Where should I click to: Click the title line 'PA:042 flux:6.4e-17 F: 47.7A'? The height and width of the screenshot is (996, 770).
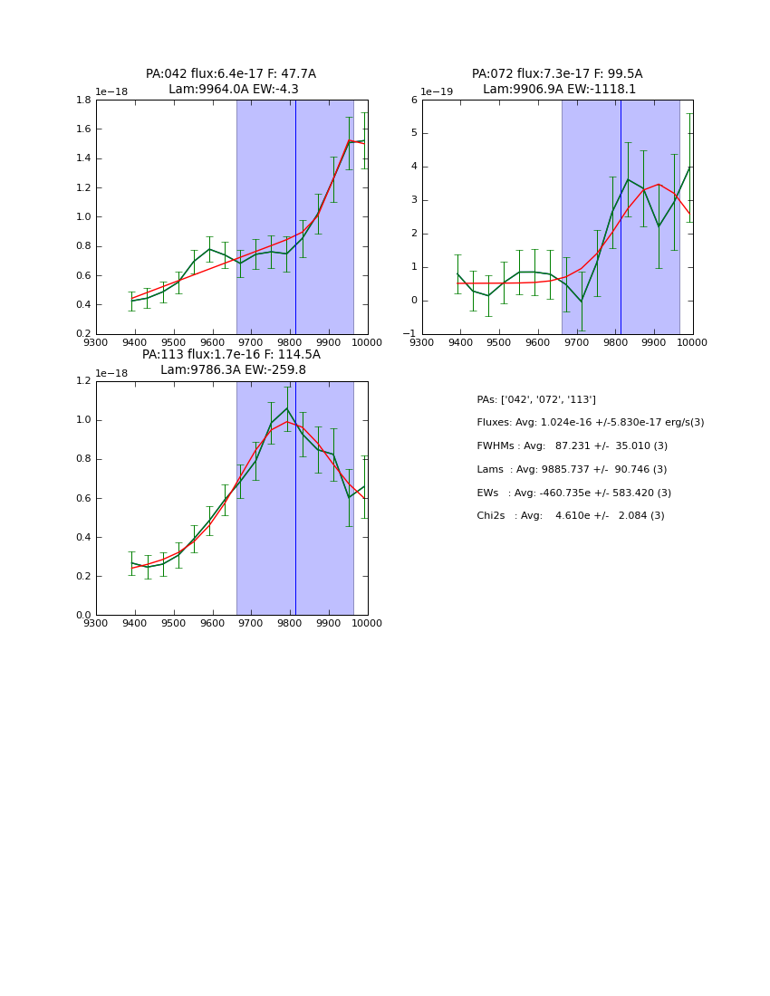coord(231,74)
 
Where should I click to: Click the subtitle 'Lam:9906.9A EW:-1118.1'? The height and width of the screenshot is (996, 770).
coord(559,90)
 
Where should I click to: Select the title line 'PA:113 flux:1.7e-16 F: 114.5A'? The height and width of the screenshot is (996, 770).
coord(231,355)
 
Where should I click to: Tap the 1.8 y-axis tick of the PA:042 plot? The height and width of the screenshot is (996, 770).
coord(82,100)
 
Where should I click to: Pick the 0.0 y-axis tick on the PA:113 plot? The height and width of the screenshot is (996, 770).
coord(82,615)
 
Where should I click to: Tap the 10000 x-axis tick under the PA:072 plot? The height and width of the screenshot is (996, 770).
coord(692,342)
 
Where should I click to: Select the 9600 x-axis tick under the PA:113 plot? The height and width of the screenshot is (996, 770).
coord(212,623)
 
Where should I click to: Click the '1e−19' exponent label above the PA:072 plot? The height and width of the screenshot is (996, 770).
coord(438,91)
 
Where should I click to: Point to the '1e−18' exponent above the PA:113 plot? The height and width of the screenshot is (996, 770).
coord(111,373)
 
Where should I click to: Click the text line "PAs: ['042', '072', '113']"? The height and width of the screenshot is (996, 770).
coord(536,399)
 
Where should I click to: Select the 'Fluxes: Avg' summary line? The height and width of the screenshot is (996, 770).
coord(590,423)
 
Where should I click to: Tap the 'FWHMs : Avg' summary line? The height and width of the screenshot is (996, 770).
coord(572,446)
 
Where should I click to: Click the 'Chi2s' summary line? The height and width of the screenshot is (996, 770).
coord(571,516)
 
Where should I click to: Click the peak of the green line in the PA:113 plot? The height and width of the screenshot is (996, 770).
coord(287,408)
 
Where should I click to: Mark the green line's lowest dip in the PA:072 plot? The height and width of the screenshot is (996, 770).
coord(582,302)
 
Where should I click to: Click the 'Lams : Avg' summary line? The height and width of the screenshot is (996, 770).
coord(572,470)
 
